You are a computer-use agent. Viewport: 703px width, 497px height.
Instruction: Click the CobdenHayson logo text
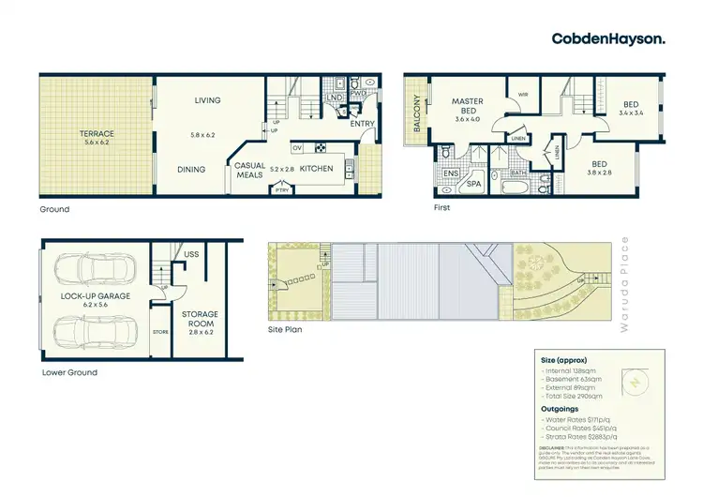pos(609,38)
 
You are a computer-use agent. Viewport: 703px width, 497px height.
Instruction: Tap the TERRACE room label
pos(97,134)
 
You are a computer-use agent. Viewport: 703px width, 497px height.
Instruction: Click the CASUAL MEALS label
pos(250,170)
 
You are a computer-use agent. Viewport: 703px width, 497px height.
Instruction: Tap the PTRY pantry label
pos(281,191)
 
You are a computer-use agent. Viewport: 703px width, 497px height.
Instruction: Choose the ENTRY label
pos(363,123)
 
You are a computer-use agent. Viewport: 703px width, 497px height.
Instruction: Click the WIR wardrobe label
pos(522,94)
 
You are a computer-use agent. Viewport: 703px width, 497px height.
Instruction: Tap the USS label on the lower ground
pos(193,253)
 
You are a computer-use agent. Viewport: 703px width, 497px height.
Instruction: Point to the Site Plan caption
pos(285,329)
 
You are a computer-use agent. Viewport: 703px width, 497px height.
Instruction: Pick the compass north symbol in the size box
pos(635,383)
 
